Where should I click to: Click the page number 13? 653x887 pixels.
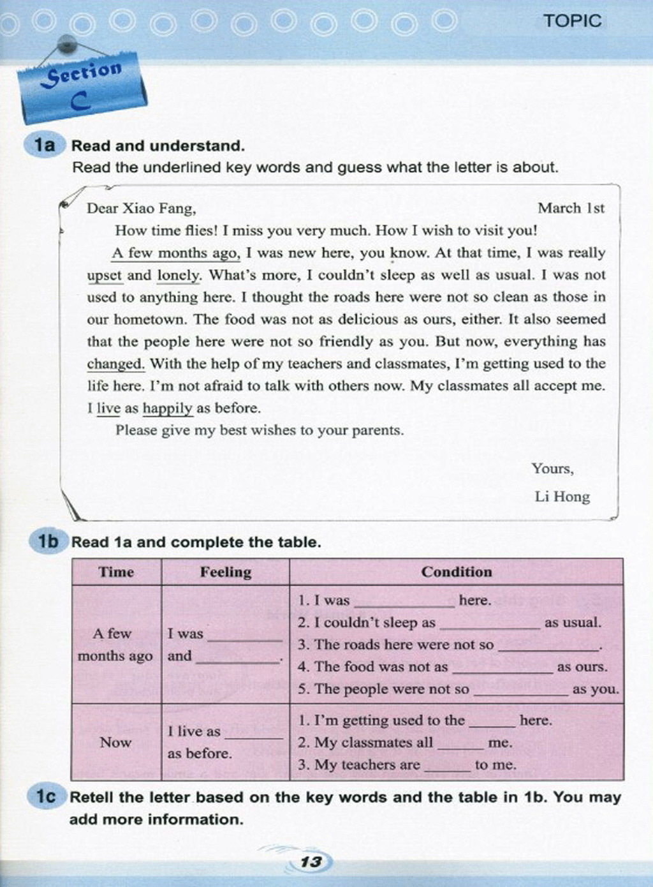tap(311, 861)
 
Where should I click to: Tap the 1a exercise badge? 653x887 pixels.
tap(44, 145)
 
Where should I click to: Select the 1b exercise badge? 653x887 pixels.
tap(47, 542)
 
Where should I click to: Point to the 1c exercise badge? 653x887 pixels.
tap(45, 796)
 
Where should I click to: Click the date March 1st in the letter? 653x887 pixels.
tap(571, 208)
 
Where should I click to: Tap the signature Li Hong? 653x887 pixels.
tap(562, 496)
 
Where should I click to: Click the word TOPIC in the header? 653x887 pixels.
tap(572, 20)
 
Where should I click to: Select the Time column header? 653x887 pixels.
tap(116, 572)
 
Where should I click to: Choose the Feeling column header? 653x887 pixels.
tap(226, 572)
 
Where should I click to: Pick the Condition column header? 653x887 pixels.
tap(457, 572)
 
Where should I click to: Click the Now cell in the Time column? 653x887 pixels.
tap(115, 742)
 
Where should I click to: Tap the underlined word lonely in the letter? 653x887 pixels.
tap(179, 275)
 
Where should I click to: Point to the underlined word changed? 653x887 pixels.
tap(115, 364)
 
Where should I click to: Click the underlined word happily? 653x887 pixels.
tap(167, 408)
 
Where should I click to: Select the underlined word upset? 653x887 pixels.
tap(105, 275)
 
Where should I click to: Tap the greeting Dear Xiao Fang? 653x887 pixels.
tap(141, 208)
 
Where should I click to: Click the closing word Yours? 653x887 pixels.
tap(552, 468)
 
